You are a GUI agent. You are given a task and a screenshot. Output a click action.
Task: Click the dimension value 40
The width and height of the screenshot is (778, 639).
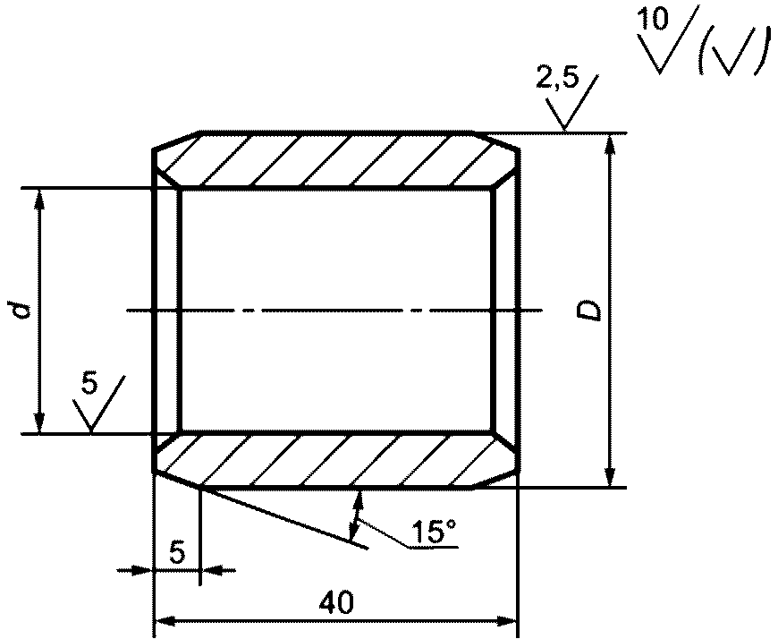pos(337,602)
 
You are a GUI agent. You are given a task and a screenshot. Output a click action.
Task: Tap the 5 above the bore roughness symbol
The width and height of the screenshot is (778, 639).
pos(89,382)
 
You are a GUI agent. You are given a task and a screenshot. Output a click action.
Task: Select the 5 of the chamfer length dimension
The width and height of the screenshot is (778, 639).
pos(177,551)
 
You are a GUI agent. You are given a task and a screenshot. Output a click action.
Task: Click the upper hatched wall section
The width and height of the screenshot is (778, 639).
pos(337,160)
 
